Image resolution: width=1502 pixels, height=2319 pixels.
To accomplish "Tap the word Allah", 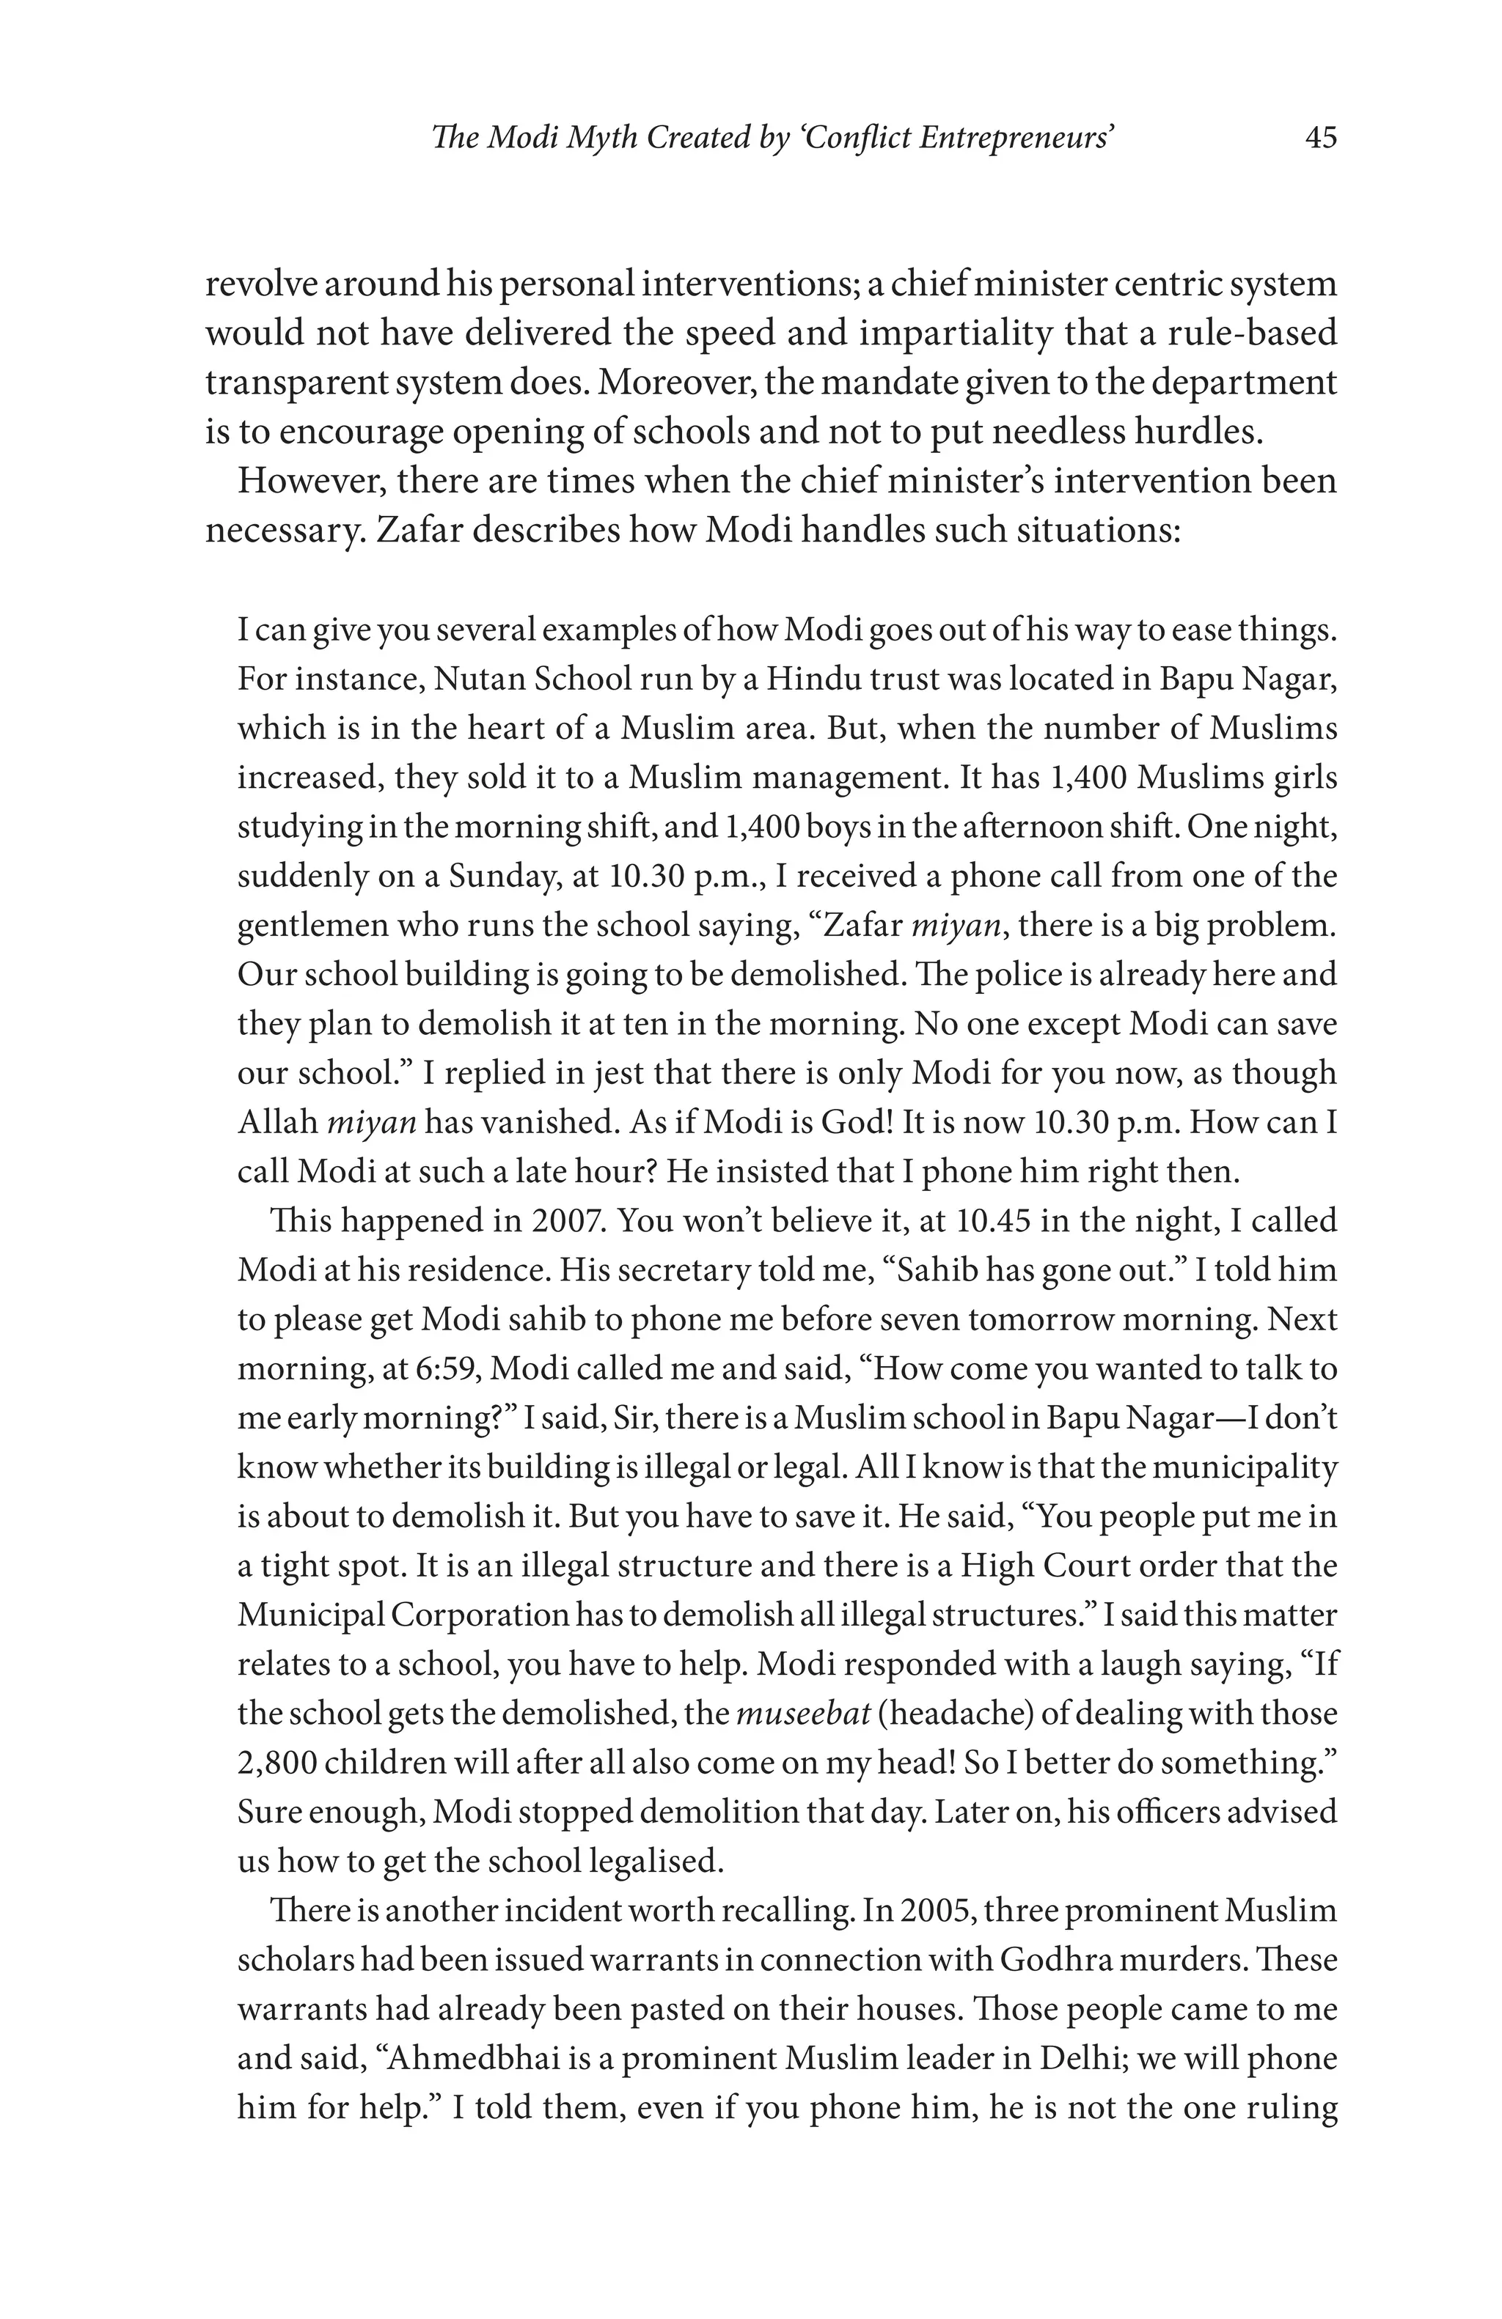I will point(278,1121).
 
